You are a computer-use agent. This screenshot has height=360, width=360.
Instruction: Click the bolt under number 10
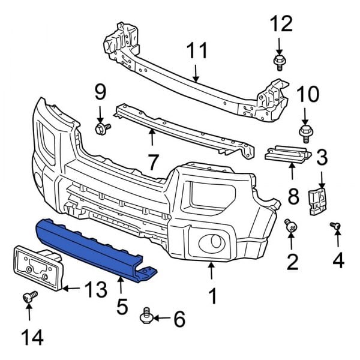(305, 132)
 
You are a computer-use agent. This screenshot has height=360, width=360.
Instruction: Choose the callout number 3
(322, 158)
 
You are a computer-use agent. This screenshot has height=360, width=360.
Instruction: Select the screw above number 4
(336, 226)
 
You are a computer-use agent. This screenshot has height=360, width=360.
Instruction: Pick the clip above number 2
(291, 226)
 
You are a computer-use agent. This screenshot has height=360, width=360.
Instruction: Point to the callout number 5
(122, 307)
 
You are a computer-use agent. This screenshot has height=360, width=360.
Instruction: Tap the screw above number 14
(29, 296)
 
